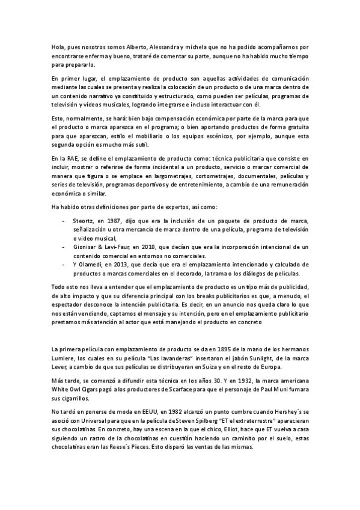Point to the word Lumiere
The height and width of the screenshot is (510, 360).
[64, 358]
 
